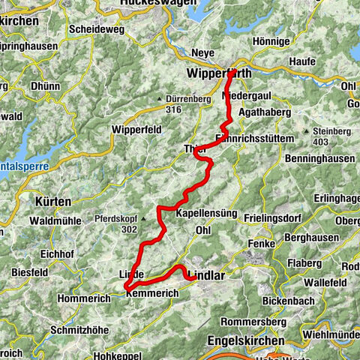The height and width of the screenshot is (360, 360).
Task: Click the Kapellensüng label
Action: coord(206,214)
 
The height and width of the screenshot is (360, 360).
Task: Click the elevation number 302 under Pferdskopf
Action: coord(127,230)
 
